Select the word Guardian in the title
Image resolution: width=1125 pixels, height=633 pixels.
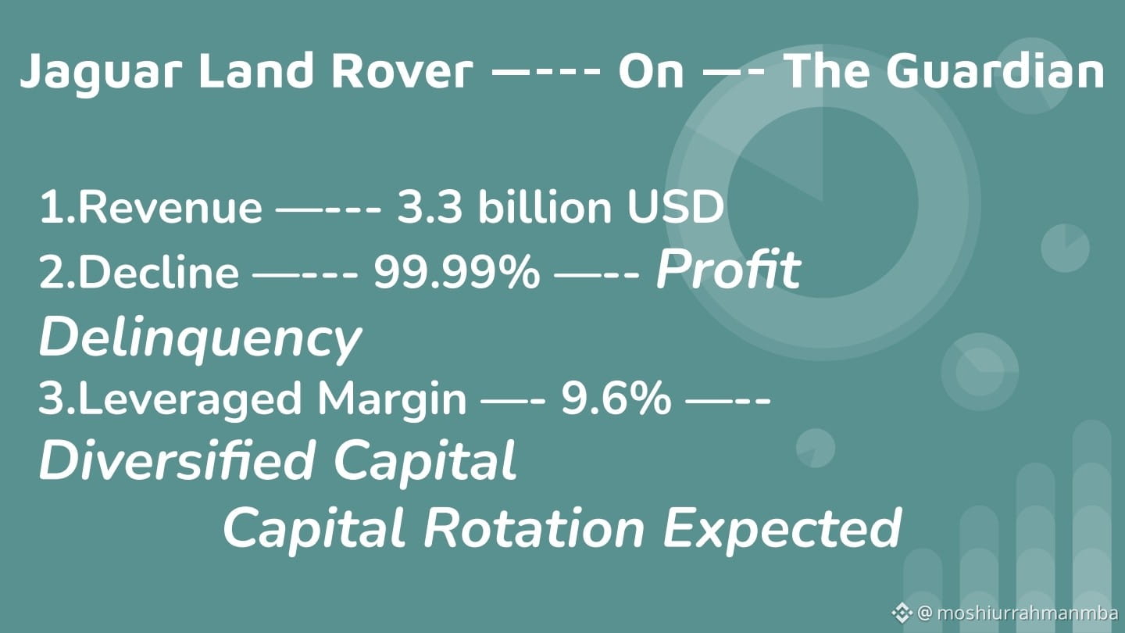[x=995, y=71]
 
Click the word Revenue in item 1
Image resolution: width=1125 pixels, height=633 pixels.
[x=170, y=207]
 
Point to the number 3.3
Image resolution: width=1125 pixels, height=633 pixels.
[x=430, y=207]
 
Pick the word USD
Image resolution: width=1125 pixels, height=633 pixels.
[x=675, y=207]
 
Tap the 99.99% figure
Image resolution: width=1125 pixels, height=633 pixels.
[x=457, y=272]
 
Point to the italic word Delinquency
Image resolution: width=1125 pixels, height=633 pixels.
[x=200, y=338]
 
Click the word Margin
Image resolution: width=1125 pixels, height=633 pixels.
[x=391, y=400]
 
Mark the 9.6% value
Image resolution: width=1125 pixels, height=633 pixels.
[x=616, y=399]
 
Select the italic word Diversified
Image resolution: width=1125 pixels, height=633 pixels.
[x=177, y=460]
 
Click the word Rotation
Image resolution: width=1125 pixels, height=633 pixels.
[x=534, y=527]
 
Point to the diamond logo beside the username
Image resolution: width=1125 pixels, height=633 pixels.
[x=902, y=613]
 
